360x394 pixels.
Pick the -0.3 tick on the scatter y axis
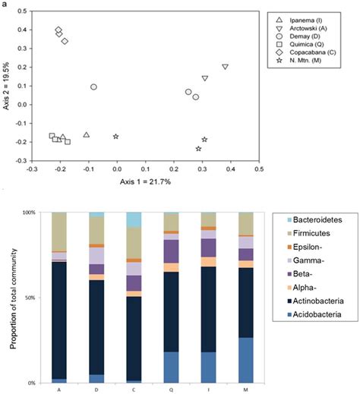click(x=20, y=161)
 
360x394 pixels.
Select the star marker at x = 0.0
click(x=116, y=137)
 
